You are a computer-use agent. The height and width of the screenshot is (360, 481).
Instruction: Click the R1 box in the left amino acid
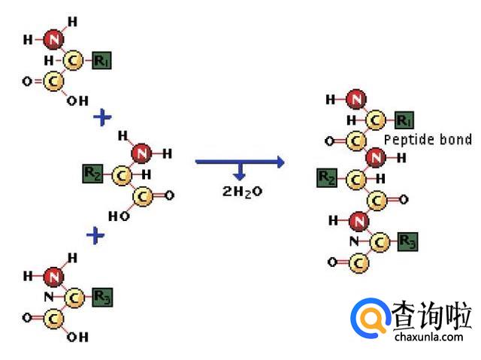pos(101,61)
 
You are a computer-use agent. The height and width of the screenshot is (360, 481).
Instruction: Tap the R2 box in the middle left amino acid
pos(92,175)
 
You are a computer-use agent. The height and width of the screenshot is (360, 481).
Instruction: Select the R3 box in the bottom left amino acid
pos(101,297)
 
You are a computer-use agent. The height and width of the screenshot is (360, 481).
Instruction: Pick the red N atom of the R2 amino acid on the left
pos(141,153)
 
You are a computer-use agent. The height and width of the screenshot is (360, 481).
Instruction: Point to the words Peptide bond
pos(428,140)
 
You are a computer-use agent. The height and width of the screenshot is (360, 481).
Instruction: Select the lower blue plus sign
pos(95,236)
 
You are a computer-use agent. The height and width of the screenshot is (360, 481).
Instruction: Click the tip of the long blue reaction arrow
pos(283,160)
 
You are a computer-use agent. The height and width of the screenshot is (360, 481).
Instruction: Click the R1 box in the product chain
pos(403,119)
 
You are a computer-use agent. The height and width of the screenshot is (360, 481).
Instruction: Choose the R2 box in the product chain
pos(327,178)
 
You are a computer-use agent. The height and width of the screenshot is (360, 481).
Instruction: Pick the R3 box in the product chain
pos(407,241)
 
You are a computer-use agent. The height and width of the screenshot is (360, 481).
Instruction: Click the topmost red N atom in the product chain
pos(356,99)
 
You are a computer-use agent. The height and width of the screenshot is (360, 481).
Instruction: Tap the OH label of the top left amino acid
pos(77,101)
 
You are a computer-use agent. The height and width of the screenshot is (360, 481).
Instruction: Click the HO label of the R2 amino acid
pos(119,216)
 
